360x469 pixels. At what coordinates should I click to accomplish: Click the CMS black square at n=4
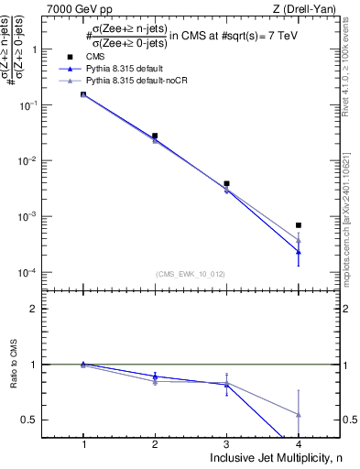click(299, 225)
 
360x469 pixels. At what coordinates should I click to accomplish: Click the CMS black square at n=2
click(155, 136)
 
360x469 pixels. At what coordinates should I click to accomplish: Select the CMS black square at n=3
click(227, 183)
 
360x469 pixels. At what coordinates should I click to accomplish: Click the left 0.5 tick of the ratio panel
click(39, 420)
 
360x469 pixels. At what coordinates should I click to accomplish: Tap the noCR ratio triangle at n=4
click(299, 414)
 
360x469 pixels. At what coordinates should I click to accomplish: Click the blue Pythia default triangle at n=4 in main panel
click(299, 251)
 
